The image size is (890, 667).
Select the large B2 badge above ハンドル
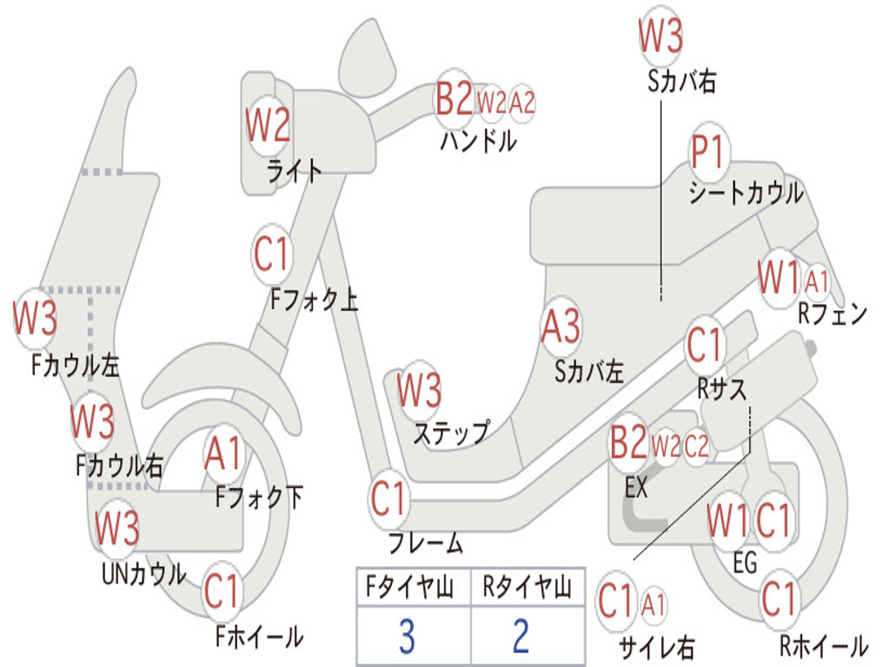coord(455,99)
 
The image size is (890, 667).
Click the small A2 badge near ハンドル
coord(521,102)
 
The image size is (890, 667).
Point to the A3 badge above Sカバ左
coord(560,327)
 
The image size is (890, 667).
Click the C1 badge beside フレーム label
coord(389,499)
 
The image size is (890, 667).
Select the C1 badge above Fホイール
coord(221,592)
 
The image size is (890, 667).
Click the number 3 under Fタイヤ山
coord(407,637)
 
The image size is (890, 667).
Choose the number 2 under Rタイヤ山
coord(521,637)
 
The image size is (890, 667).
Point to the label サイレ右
coord(656,646)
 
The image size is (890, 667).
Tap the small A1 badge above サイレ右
coord(654,604)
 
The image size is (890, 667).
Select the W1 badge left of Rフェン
coord(778,278)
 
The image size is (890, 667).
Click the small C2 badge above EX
coord(696,446)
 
